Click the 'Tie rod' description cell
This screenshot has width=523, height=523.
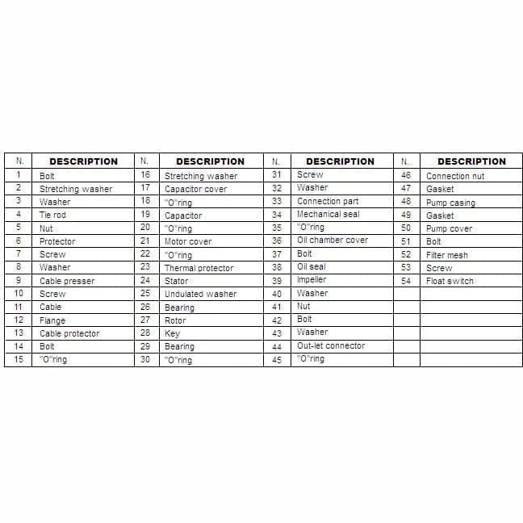(x=53, y=215)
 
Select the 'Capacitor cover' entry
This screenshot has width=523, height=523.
(x=196, y=189)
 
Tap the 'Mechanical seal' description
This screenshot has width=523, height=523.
(x=328, y=215)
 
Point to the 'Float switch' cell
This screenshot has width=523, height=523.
(x=450, y=281)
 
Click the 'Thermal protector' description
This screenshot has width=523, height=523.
(x=199, y=268)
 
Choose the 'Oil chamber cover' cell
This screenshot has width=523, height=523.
(x=332, y=241)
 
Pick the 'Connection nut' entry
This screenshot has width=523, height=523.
(x=455, y=176)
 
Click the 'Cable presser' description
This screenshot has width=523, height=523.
(x=67, y=281)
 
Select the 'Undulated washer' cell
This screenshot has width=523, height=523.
(x=200, y=294)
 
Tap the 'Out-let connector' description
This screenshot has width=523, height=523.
(x=331, y=345)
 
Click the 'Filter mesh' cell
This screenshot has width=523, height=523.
(x=447, y=255)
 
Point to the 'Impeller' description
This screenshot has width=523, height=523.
(x=312, y=280)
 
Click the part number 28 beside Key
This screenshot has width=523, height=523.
(x=145, y=333)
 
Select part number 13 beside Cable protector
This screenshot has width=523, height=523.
(x=19, y=333)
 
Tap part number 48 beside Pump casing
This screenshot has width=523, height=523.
(x=406, y=202)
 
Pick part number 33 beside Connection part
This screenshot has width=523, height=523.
(x=277, y=201)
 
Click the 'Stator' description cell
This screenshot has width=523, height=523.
(x=177, y=281)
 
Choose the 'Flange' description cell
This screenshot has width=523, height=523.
(x=52, y=320)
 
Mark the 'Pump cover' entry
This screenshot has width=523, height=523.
(x=449, y=228)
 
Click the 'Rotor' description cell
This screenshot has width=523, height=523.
(x=175, y=320)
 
